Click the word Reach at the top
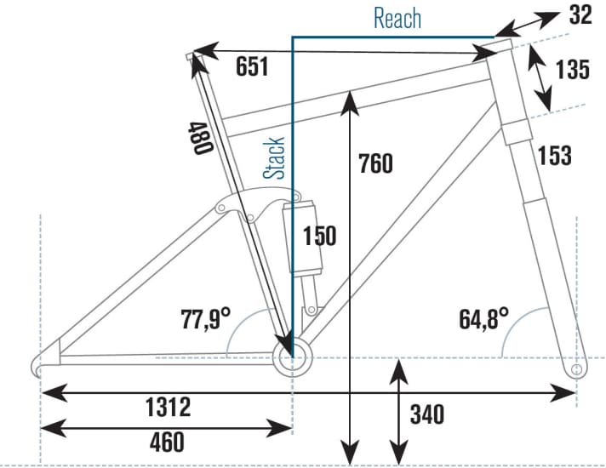(397, 18)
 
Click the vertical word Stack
(275, 157)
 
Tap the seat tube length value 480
(200, 136)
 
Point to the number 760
(374, 162)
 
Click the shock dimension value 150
(319, 236)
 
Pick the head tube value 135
(572, 70)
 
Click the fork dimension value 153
(553, 156)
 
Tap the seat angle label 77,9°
(206, 320)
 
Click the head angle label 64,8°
(484, 320)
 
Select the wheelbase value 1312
(167, 407)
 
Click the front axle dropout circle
(578, 370)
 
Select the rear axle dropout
(41, 367)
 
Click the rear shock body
(304, 238)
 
